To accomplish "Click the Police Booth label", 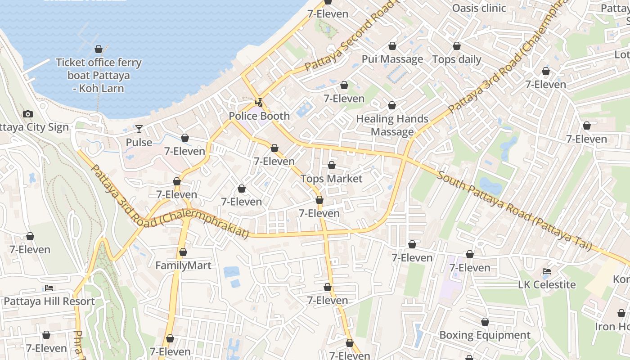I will coord(259,116).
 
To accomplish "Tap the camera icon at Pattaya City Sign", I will coord(28,114).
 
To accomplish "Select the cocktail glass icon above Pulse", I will coord(139,129).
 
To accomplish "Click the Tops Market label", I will coord(332,179).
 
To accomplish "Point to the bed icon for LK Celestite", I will coord(547,271).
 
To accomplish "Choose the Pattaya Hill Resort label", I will coord(49,301).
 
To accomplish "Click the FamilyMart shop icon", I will coord(183,252).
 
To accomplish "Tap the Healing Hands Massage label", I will coord(392,125).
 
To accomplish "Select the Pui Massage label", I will coord(392,59).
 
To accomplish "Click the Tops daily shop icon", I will coord(457,46).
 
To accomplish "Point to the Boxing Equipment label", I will coord(485,335).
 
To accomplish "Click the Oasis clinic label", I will coord(479,8).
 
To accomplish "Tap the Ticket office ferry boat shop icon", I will coord(99,49).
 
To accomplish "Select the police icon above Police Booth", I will coord(259,103).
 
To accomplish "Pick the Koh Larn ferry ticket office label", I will coord(99,75).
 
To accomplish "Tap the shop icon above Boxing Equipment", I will coord(485,322).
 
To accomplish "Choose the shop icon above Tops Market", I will coord(332,166).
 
